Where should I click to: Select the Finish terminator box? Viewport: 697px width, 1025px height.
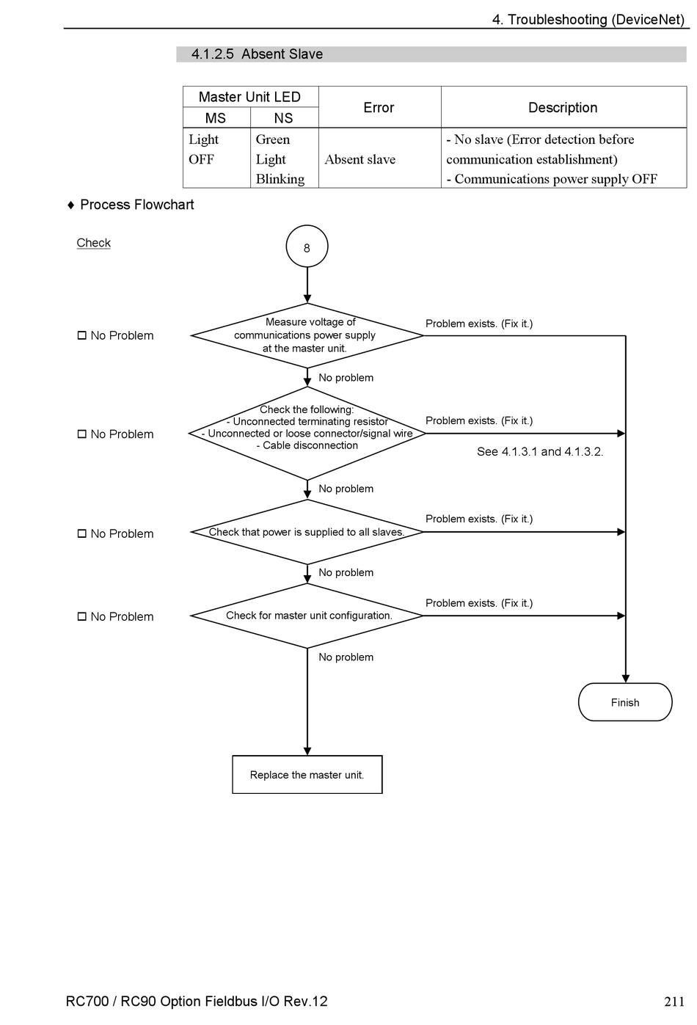(x=624, y=702)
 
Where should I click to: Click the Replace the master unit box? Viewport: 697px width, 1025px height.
(x=307, y=774)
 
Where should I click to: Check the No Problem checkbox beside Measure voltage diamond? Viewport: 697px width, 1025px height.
(x=82, y=335)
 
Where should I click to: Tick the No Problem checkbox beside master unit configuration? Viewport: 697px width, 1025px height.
(x=82, y=616)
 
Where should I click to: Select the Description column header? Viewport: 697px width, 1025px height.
(x=563, y=107)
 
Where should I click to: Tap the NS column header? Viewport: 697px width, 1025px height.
(x=284, y=117)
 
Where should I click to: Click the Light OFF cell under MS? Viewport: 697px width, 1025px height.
(x=216, y=158)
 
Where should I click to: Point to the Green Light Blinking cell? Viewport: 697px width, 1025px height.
(x=284, y=158)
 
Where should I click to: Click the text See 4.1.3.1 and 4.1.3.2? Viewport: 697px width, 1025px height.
(x=540, y=452)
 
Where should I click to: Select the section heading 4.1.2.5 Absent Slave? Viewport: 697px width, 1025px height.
(x=257, y=54)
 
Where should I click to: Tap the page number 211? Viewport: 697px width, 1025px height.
(x=674, y=1002)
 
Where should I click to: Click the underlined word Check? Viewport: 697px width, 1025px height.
(x=93, y=243)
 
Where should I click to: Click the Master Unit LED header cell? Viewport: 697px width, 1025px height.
(x=250, y=97)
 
